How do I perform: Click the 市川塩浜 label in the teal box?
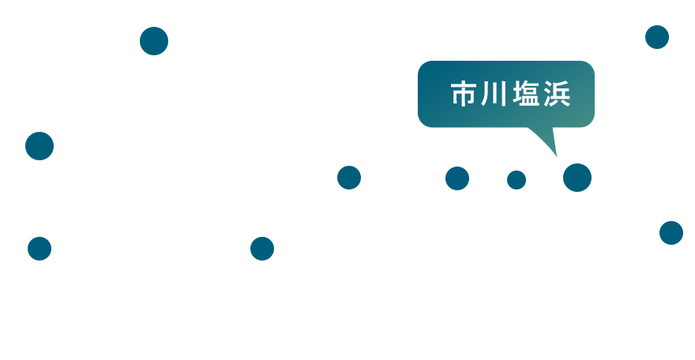point(510,95)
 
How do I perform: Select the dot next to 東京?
point(154,41)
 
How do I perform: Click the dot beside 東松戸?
point(657,37)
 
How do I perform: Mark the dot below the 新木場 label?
point(349,178)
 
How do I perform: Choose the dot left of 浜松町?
point(39,146)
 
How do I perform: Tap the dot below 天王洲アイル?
point(39,249)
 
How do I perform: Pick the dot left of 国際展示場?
point(262,249)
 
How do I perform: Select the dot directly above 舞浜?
point(457,178)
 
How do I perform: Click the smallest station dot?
point(517,180)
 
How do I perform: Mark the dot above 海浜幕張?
point(671,233)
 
